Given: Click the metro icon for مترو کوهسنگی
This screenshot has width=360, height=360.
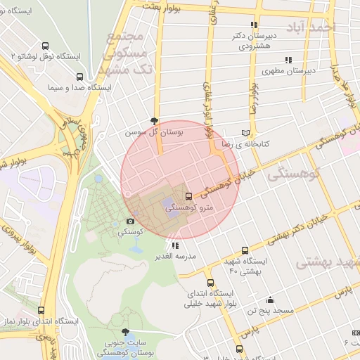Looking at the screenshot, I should coord(188,196).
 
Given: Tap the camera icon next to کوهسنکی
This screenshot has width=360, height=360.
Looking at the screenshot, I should coord(130,221).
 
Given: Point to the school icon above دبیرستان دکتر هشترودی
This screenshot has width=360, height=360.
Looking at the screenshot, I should coord(255,25).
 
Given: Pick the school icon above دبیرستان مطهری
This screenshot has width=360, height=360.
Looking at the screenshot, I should coord(288,60).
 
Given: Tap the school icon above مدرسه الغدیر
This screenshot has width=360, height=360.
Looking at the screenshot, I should coord(175,245).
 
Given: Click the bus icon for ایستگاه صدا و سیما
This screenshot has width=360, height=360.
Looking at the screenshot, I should coord(79,77).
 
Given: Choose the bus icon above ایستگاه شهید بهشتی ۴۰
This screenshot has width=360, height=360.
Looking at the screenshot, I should coord(245,250).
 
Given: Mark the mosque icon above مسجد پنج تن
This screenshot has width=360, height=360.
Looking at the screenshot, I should coord(270,300).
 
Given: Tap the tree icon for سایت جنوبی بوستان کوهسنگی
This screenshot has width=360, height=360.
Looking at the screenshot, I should coord(125,331).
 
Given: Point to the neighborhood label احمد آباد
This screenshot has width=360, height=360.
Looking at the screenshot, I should coord(316,27).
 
